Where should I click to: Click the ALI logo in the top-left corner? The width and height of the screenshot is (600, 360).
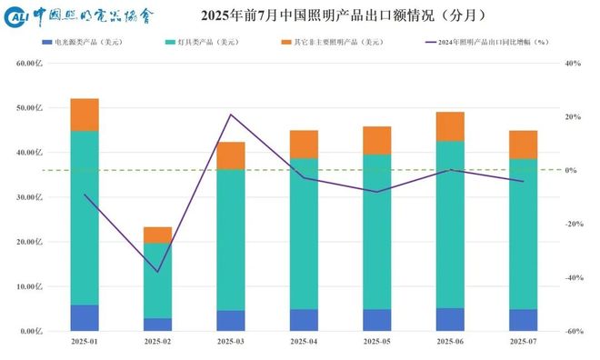click(x=17, y=16)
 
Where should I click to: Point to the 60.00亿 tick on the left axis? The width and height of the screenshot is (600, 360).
click(x=30, y=64)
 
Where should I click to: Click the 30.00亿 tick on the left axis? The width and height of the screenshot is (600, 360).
click(x=30, y=197)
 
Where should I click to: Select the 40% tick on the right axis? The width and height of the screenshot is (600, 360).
click(x=572, y=64)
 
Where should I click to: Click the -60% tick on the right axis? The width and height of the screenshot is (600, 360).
click(x=572, y=332)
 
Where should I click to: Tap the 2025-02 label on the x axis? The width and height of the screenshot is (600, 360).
click(x=157, y=342)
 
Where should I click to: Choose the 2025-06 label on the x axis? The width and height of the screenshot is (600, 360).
click(x=450, y=342)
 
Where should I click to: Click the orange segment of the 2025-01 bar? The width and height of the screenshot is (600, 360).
click(x=85, y=115)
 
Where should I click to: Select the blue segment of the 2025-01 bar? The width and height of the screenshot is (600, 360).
click(x=85, y=318)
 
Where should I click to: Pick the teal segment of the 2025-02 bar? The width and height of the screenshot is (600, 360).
click(x=157, y=280)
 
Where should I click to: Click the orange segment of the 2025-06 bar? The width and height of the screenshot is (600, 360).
click(x=450, y=126)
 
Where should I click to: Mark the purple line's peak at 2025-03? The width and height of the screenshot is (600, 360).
click(x=231, y=115)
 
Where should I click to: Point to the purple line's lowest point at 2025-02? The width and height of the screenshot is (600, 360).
click(x=157, y=272)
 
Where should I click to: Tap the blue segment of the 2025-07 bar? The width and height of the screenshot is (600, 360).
click(x=523, y=320)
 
